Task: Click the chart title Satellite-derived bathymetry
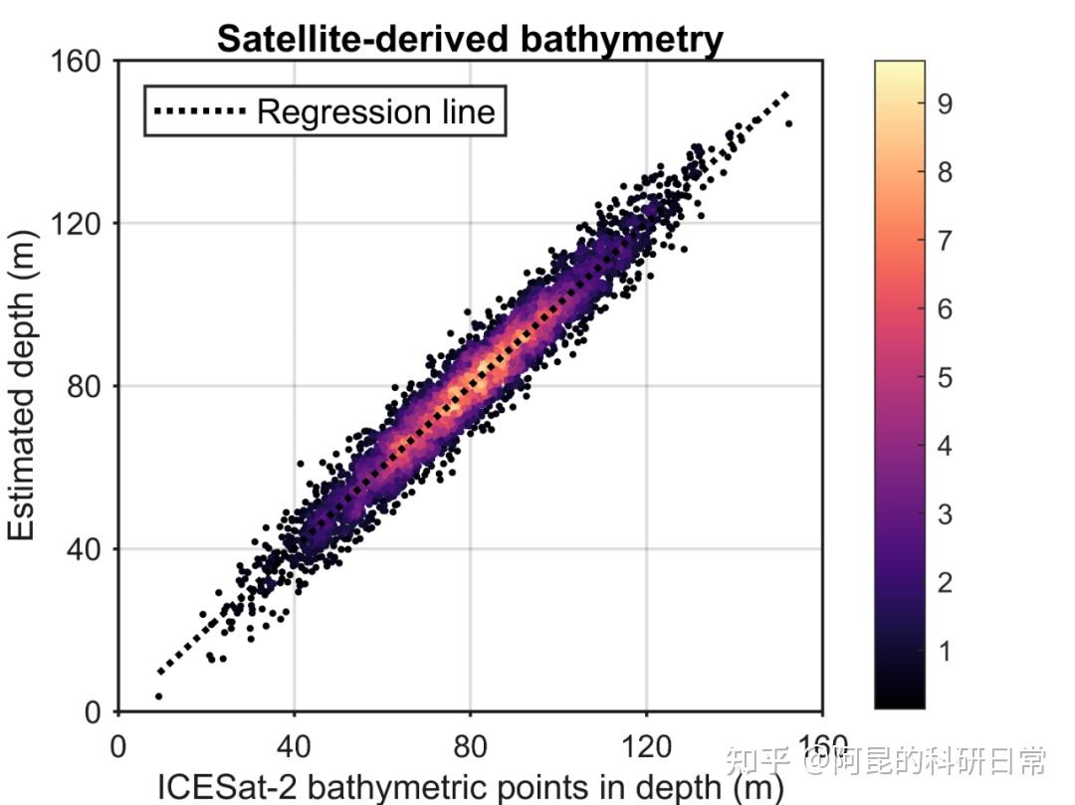click(x=470, y=39)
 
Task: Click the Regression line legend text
click(x=375, y=111)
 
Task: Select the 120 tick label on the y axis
click(x=84, y=223)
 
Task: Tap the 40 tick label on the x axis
click(x=294, y=746)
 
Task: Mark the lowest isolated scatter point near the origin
click(x=158, y=697)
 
